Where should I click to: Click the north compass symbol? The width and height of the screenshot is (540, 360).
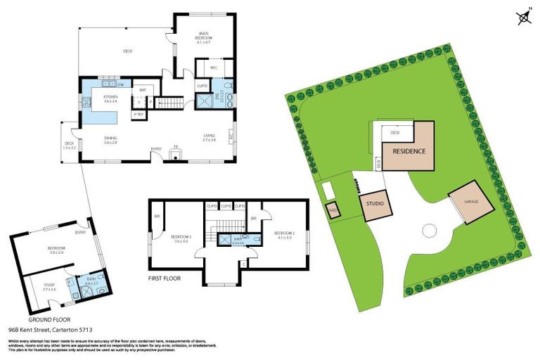pos(524,17)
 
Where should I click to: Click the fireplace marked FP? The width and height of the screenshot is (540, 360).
pos(176,150)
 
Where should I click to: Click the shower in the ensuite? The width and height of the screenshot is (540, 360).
pos(206,103)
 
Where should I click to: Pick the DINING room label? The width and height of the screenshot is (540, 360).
pos(110,139)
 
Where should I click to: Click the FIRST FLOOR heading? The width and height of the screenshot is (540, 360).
pos(165,278)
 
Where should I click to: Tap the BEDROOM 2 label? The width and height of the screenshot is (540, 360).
pos(283,234)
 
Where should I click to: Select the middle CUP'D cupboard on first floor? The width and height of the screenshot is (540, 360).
pos(226,206)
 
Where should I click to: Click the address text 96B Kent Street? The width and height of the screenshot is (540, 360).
pos(50,329)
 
